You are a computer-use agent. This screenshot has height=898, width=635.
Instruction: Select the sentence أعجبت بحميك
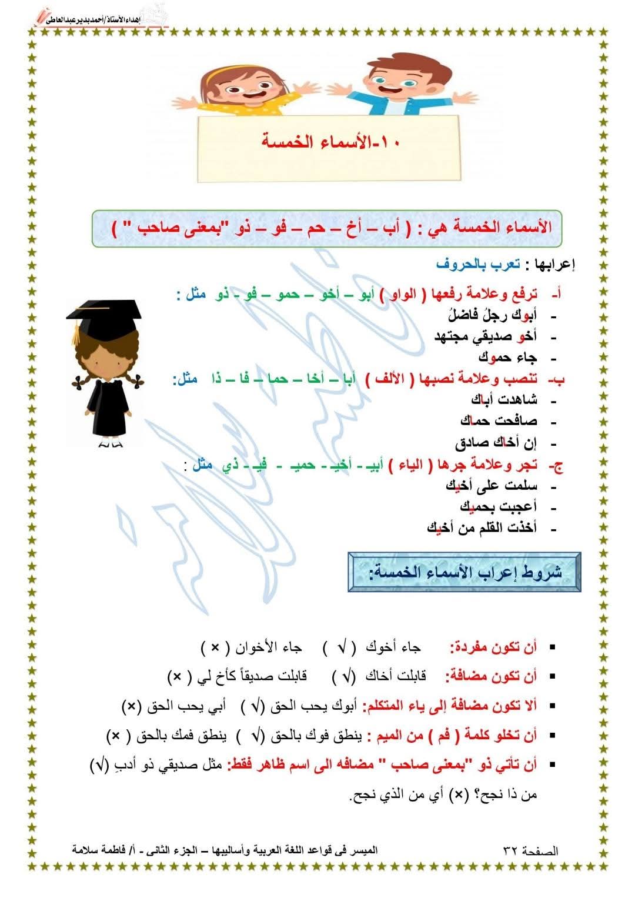tap(498, 506)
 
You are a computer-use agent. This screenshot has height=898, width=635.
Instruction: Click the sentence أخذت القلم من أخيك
tap(482, 528)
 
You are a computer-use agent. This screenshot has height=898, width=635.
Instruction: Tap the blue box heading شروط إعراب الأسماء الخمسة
tap(464, 572)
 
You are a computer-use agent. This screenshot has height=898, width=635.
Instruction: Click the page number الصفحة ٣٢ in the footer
tap(530, 850)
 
